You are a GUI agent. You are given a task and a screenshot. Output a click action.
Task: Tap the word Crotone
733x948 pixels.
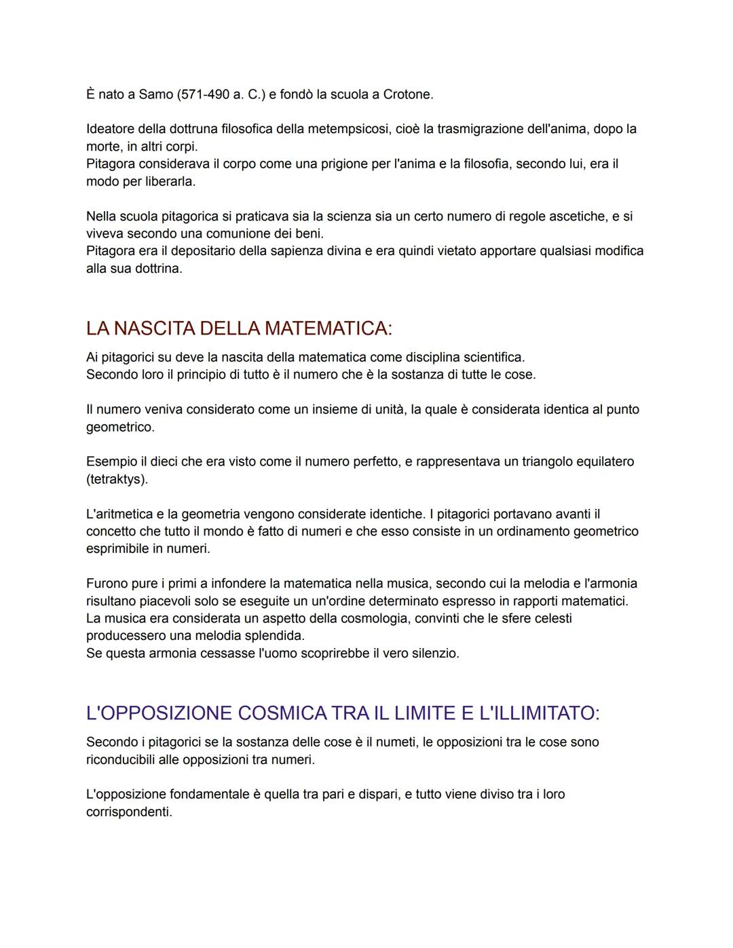(407, 94)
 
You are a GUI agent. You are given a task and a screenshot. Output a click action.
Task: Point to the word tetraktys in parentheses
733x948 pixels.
(117, 479)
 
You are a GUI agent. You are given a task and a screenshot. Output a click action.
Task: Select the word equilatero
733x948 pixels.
(602, 461)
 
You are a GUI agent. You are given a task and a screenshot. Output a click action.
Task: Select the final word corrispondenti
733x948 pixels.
(129, 812)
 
